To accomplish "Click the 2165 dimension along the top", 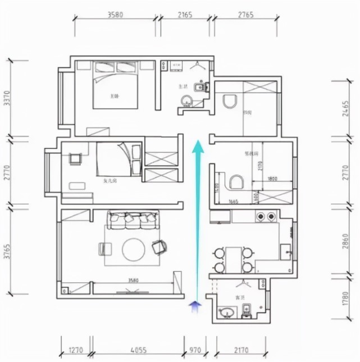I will pos(184,15).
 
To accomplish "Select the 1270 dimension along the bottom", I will pos(76,351).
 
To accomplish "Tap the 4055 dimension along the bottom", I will pos(137,351).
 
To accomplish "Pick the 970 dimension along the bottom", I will pos(194,351).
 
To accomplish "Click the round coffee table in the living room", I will pos(134,250).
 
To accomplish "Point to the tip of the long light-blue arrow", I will pos(198,144).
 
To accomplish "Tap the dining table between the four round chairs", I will pos(232,259).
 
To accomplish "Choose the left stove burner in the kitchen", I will pos(260,216).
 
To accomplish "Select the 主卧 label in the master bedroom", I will pos(115,96).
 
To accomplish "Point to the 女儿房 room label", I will pos(110,181).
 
